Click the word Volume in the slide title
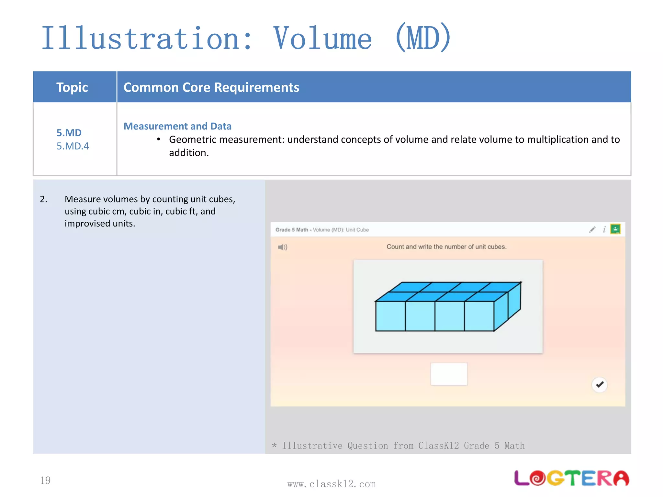tap(322, 39)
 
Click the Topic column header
tap(72, 87)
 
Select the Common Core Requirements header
tap(211, 87)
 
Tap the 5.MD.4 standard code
tap(73, 146)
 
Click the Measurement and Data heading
tap(177, 126)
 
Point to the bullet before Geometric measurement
tap(159, 139)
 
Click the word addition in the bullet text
tap(188, 153)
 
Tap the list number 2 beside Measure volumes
tap(43, 199)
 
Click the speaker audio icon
tap(282, 247)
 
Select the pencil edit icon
tap(592, 230)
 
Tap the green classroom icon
tap(615, 229)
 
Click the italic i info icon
tap(604, 230)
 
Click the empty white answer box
tap(449, 374)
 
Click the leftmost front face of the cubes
tap(390, 316)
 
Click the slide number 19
tap(45, 480)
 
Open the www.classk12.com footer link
tap(331, 484)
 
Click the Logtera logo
tap(571, 478)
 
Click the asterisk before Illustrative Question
tap(275, 446)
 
